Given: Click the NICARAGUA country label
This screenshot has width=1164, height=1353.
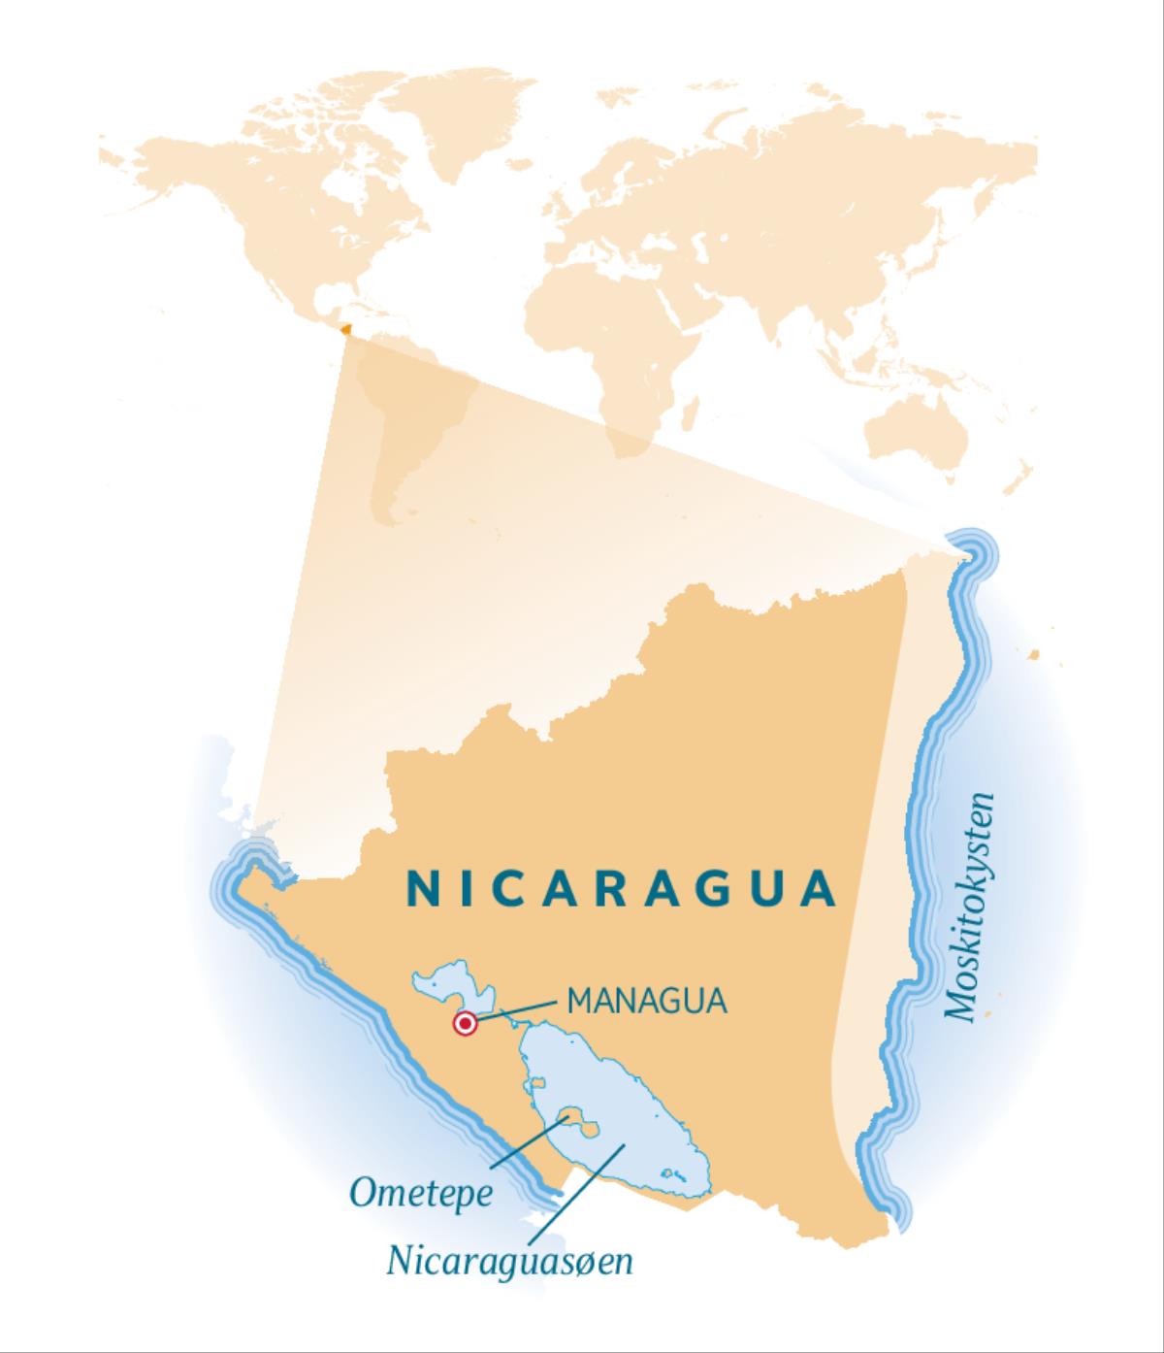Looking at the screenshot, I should pos(620,888).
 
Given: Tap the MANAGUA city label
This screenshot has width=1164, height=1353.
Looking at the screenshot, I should pos(647,1001).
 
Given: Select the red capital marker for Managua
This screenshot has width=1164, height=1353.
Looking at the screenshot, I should pos(466,1023).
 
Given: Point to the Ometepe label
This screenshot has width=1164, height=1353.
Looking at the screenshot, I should pos(420,1193).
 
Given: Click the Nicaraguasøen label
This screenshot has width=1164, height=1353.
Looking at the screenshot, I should pos(509,1261).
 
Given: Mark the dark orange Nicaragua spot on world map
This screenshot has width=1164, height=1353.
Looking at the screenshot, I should pos(346,329).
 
